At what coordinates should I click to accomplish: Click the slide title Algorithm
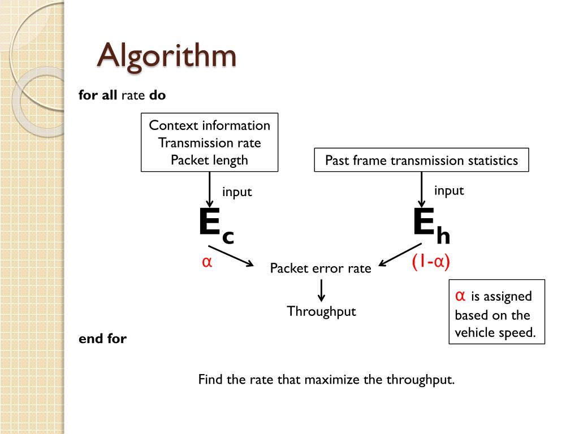(166, 55)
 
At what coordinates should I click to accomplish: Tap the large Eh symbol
(431, 225)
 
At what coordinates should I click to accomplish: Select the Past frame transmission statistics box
(421, 160)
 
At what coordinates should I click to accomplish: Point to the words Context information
(209, 125)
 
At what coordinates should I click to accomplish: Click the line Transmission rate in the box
(209, 143)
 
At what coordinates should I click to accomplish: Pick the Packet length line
(209, 160)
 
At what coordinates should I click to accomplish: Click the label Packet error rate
(321, 268)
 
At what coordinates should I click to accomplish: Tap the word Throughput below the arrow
(321, 311)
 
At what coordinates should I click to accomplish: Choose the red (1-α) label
(431, 262)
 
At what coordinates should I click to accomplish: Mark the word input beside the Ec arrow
(236, 192)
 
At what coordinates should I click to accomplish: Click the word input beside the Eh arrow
(449, 190)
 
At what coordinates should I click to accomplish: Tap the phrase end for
(102, 339)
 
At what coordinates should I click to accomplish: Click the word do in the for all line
(158, 96)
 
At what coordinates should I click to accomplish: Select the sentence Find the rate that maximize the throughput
(326, 379)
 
